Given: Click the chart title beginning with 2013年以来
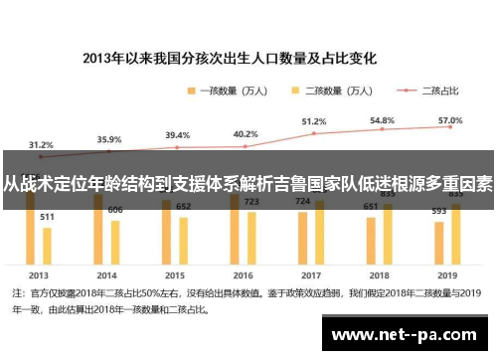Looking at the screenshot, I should tap(248, 57).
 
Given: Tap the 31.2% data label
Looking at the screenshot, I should tap(41, 143).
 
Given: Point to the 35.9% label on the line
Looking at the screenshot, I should tap(109, 139).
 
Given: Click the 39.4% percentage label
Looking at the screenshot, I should tap(177, 134).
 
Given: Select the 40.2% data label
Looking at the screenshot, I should tap(246, 133).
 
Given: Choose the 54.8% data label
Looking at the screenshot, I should tap(383, 119).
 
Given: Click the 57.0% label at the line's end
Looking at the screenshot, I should tap(450, 118).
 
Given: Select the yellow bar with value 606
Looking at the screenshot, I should tap(115, 239).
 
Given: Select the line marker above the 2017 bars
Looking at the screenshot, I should tap(314, 132).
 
